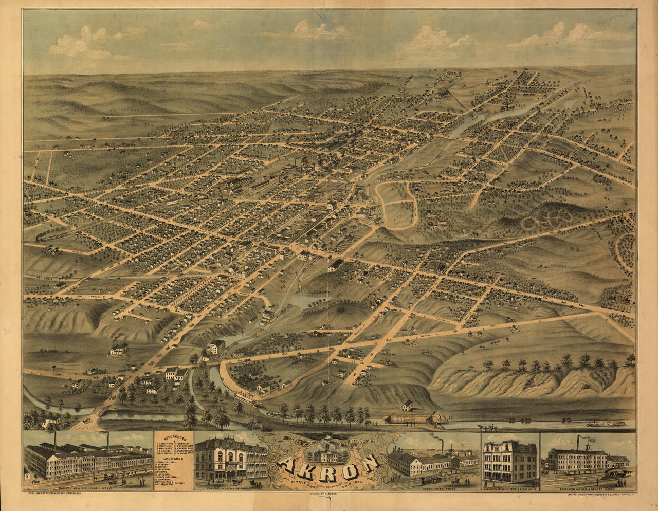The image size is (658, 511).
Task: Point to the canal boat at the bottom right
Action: tap(606, 424)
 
